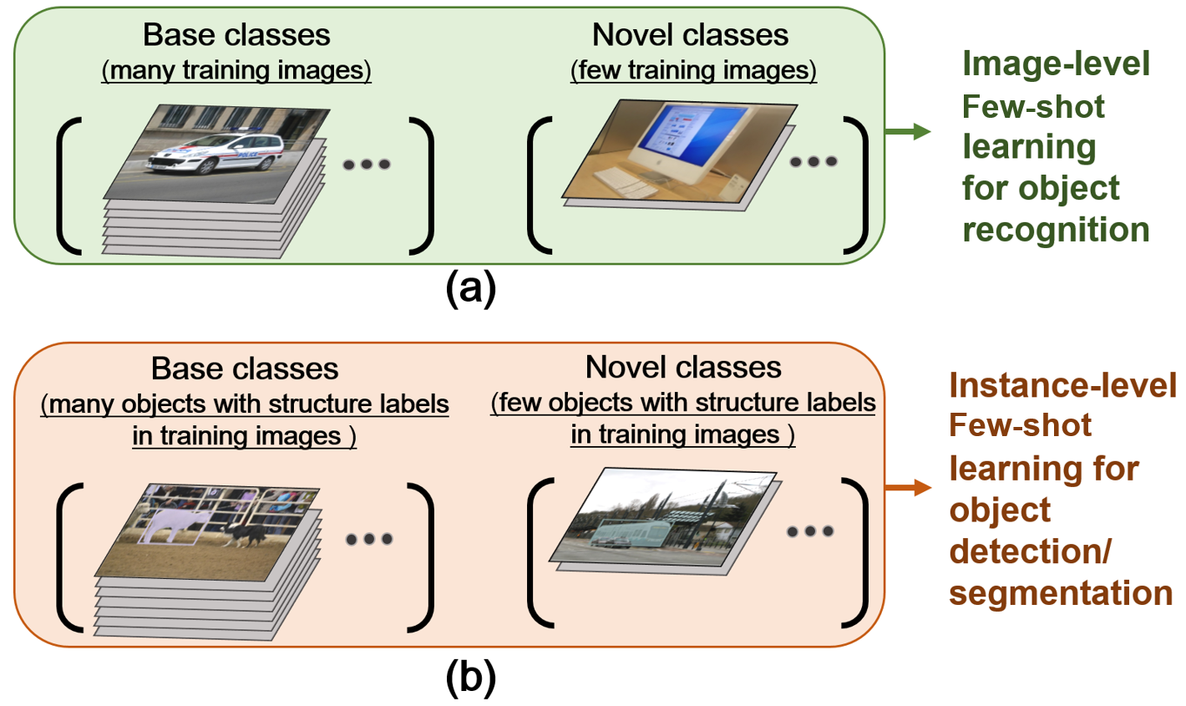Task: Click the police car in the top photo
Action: tap(213, 155)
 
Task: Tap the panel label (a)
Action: tap(470, 288)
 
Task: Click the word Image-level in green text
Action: tap(1056, 63)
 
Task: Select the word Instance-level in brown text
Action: tap(1062, 384)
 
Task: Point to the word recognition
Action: tap(1056, 229)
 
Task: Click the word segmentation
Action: tap(1061, 592)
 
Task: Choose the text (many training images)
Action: tap(236, 70)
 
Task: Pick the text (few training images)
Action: tap(693, 70)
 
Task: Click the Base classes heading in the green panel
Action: tap(236, 35)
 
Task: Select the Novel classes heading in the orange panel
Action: tap(683, 367)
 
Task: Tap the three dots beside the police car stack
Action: tap(367, 165)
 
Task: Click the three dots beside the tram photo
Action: tap(810, 531)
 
